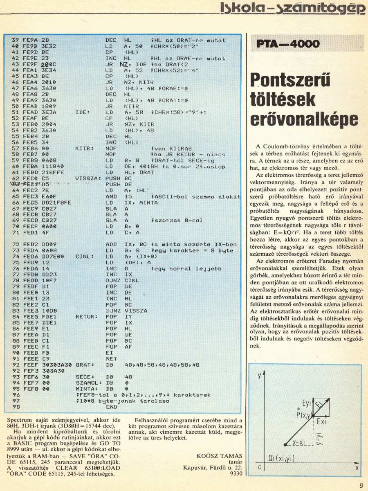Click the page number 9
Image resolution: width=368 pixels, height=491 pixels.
[x=361, y=486]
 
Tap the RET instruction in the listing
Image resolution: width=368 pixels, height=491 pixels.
[x=110, y=358]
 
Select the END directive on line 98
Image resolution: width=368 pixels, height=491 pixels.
[x=111, y=407]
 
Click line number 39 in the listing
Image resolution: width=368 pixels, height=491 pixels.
[x=16, y=41]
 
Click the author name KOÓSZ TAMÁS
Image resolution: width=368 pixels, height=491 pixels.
[x=219, y=456]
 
